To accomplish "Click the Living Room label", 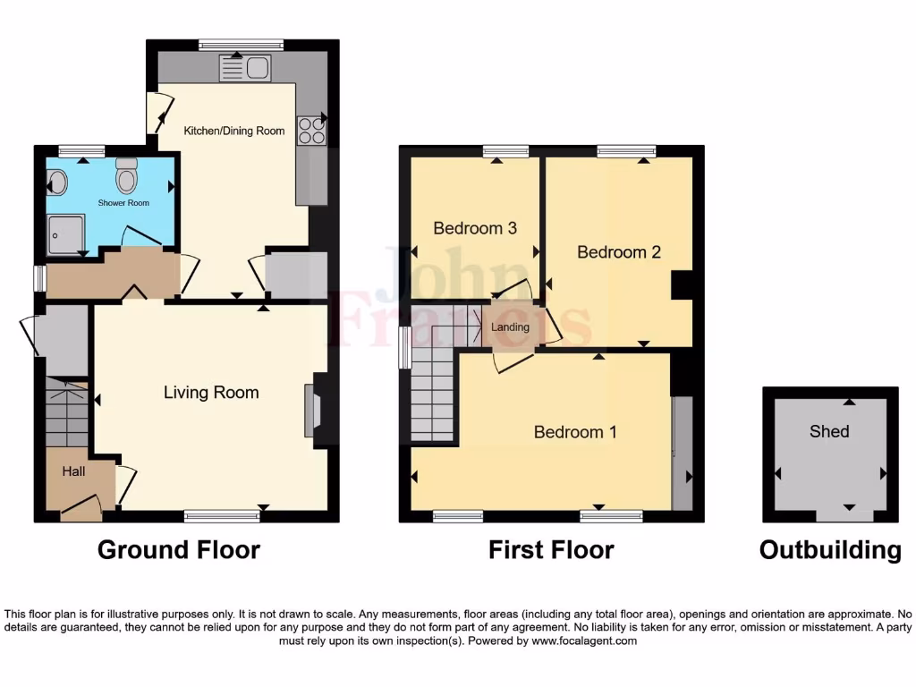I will click(x=211, y=393).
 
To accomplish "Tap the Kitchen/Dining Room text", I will click(x=234, y=131).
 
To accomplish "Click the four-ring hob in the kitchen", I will click(x=312, y=131).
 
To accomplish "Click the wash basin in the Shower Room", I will click(x=57, y=182).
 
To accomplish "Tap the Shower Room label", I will click(x=123, y=203).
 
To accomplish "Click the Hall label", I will click(x=73, y=471).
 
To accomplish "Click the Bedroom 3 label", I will click(x=475, y=228).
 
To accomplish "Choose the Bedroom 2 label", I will click(x=618, y=252).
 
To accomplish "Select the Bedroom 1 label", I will click(x=575, y=432).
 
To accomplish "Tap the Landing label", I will click(x=511, y=327).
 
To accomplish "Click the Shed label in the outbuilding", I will click(x=829, y=431).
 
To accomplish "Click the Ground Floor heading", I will click(x=179, y=549).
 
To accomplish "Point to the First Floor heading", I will click(x=551, y=549).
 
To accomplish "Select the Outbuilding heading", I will click(x=830, y=549).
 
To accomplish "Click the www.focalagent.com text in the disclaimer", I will click(x=584, y=640).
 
